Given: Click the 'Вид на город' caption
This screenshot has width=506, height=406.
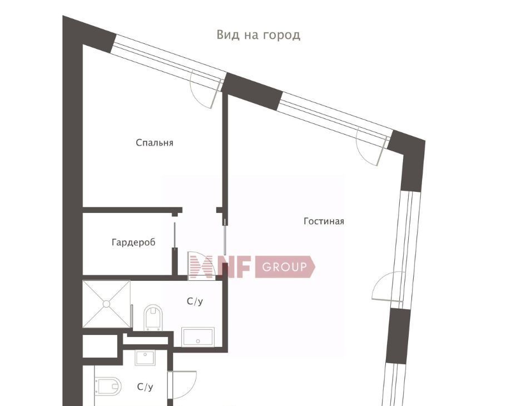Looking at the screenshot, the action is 259,35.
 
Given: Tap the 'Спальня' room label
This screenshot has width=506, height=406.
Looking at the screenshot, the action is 155,142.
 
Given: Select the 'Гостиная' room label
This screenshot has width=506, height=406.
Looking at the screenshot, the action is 324,221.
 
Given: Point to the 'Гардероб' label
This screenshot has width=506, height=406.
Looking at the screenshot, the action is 133,242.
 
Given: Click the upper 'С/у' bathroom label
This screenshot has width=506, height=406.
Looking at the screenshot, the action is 195,301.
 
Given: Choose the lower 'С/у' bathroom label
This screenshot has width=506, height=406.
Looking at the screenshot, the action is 145,387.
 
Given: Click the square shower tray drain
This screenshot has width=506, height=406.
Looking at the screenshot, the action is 106,304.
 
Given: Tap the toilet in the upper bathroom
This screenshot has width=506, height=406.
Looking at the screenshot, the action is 153,318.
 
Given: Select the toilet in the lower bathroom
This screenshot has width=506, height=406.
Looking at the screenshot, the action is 108,386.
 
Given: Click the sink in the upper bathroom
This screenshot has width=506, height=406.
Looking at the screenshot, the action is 198,337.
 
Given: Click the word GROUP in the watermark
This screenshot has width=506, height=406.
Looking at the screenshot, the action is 284,267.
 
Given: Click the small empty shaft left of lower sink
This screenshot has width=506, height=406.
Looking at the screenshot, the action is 100,346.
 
